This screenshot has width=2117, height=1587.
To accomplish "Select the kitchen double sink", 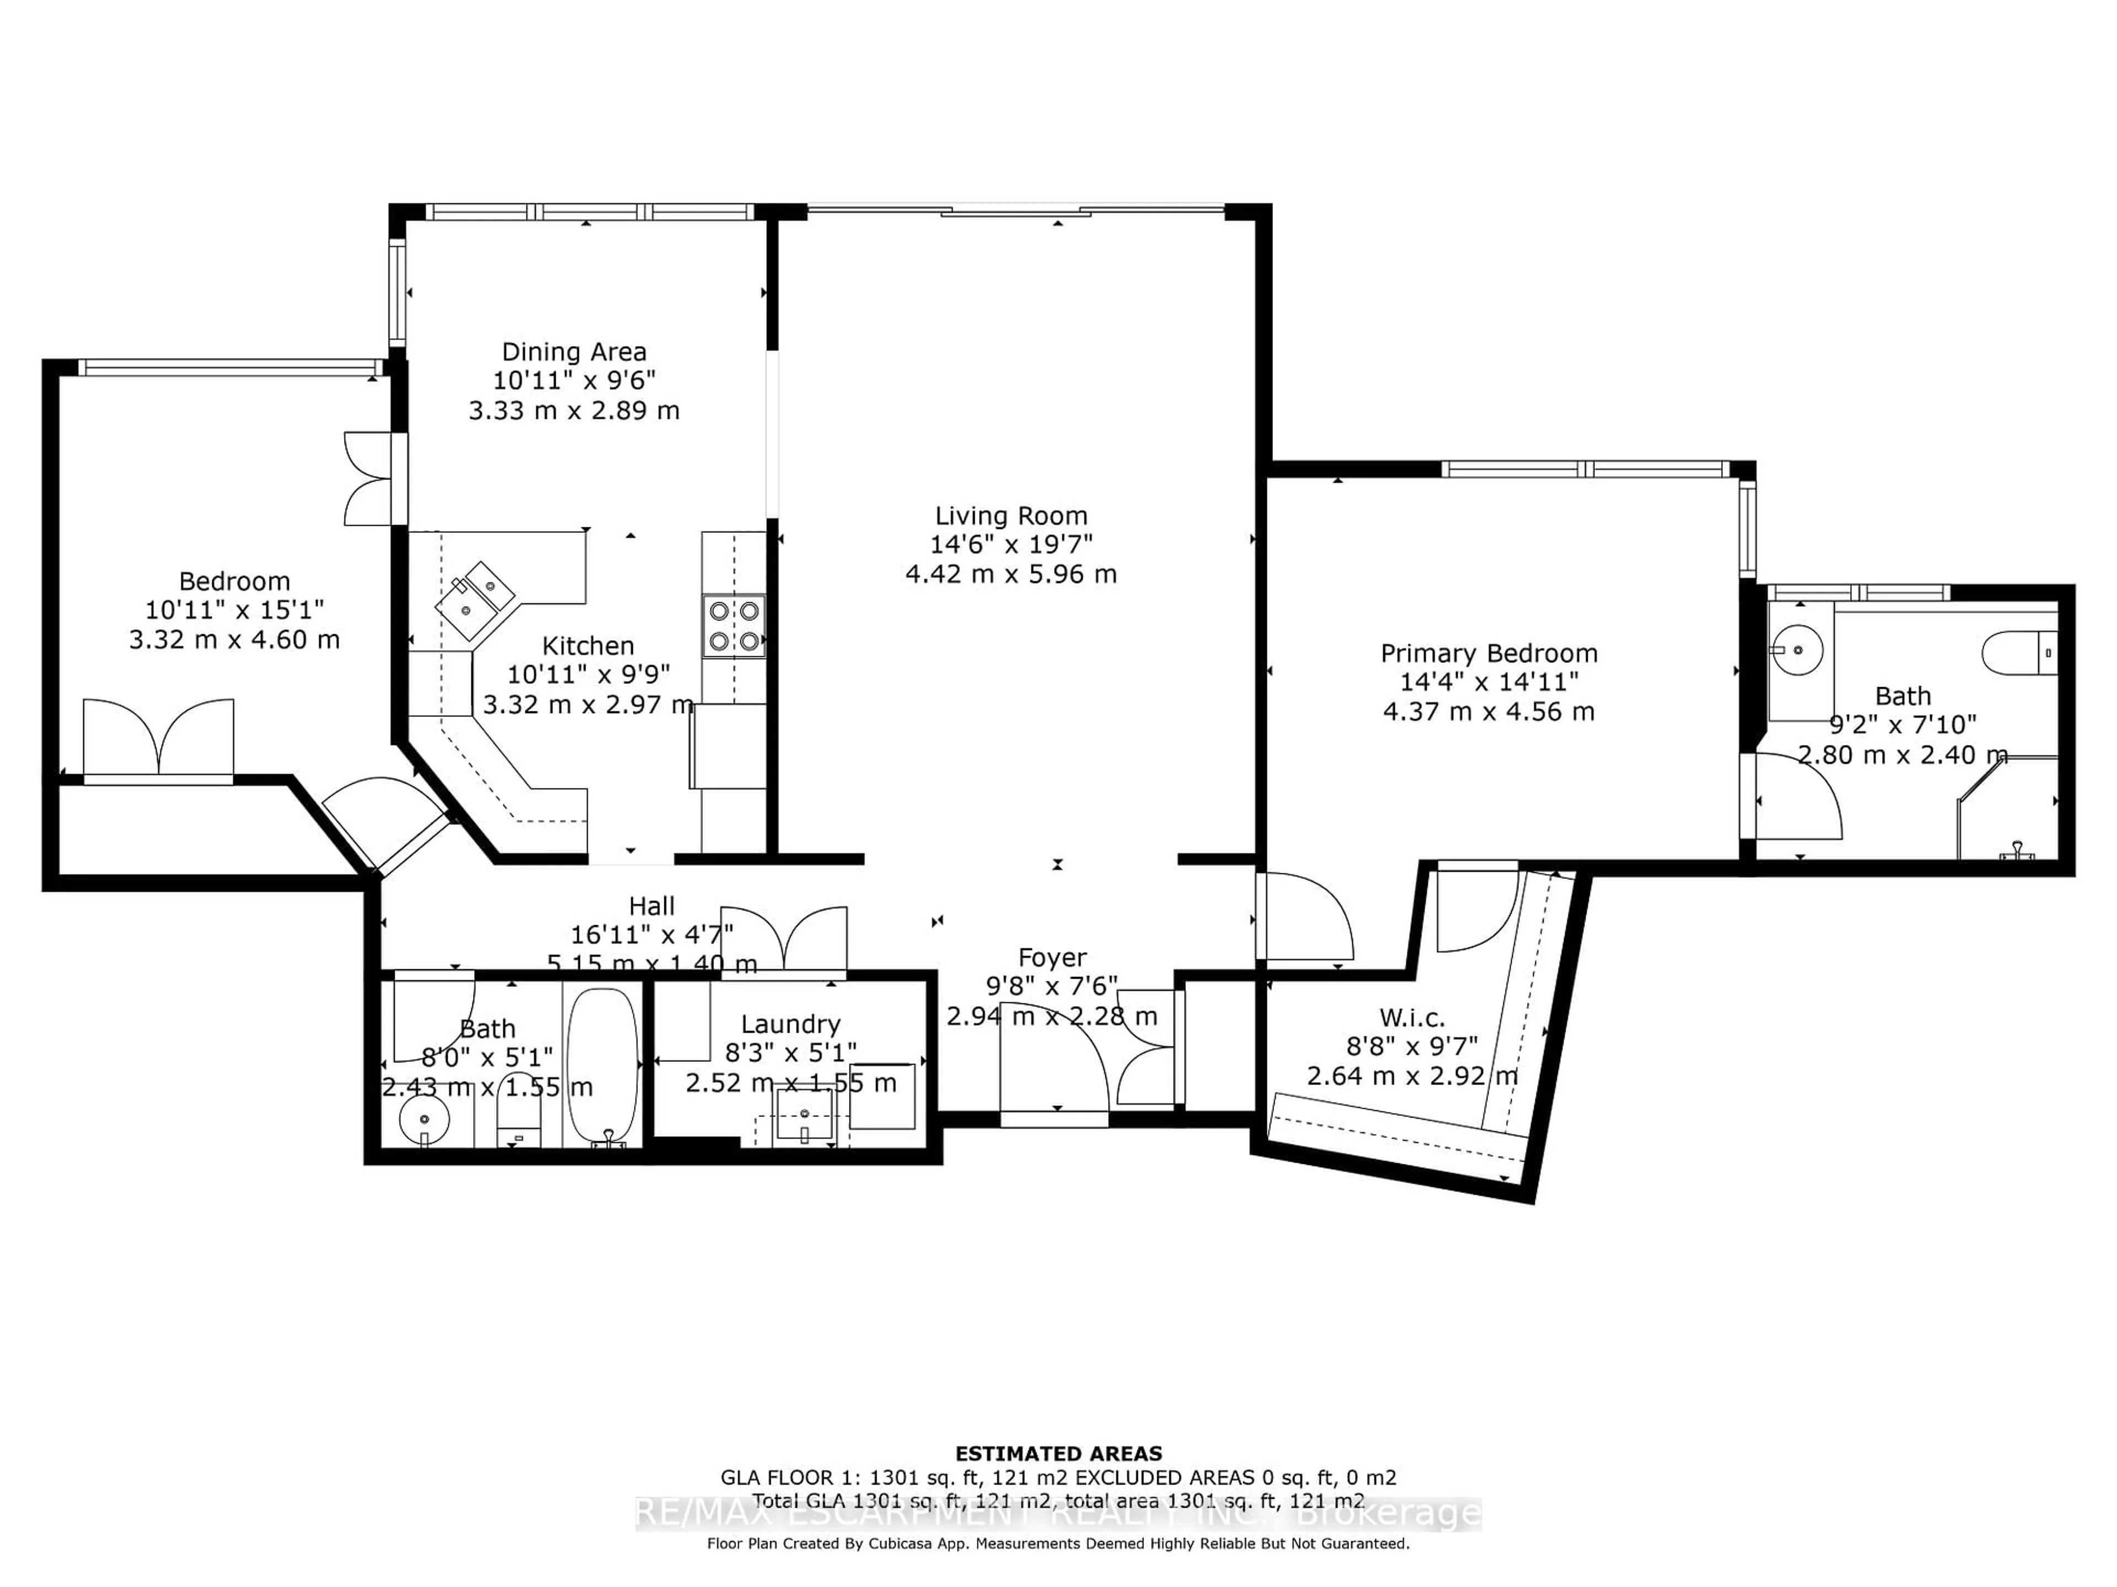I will point(475,599).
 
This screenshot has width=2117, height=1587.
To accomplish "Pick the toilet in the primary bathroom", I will point(2017,654).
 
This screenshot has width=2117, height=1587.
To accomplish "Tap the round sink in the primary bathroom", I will point(1796,650).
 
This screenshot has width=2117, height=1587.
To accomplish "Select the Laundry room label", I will point(791,1024).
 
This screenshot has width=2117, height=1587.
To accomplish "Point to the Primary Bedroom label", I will point(1488,654).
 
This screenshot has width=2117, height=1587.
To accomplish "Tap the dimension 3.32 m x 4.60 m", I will point(234,640).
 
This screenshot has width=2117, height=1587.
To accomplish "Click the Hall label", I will point(652,906).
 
